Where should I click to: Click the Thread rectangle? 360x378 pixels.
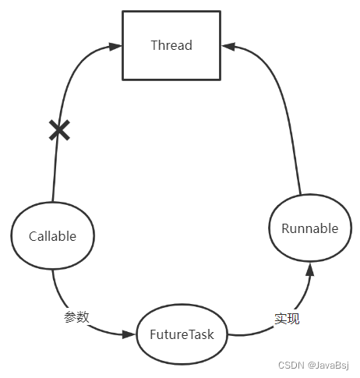point(171,45)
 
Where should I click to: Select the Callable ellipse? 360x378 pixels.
point(52,236)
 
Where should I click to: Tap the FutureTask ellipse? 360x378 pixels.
point(182,334)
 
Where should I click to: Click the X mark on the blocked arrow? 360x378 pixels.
point(59,130)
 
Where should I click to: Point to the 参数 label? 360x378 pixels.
point(76,316)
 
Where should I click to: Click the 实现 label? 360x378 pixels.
point(287,318)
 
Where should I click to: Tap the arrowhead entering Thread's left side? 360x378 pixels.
point(115,47)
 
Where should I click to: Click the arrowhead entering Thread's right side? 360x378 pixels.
point(228,47)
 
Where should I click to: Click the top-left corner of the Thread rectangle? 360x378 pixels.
point(123,12)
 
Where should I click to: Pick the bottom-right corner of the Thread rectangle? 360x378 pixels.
point(221,79)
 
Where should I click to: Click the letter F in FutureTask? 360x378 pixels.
point(153,334)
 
